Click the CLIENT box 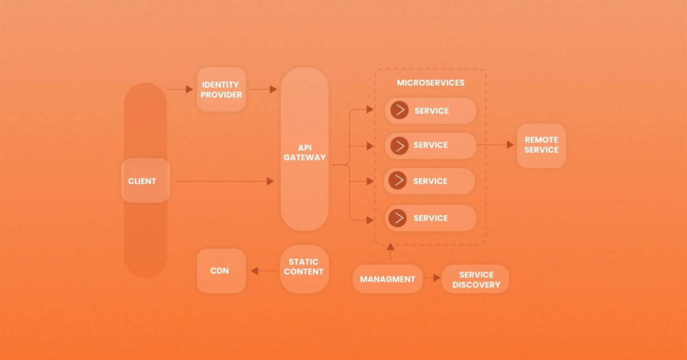click(145, 180)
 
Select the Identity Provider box click(221, 89)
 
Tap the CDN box click(221, 271)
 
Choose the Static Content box click(304, 269)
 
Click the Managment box click(388, 279)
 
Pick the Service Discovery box click(475, 279)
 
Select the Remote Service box click(541, 146)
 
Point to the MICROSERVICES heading click(431, 83)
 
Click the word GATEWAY click(305, 157)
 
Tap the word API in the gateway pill click(305, 148)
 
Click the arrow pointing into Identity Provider click(180, 89)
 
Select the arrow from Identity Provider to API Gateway click(264, 89)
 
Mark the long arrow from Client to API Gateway click(224, 181)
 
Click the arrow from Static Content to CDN click(264, 271)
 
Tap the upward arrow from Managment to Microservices click(391, 252)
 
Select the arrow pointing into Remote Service click(495, 145)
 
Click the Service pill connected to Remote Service click(431, 146)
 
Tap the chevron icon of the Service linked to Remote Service click(399, 146)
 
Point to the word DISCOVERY click(476, 285)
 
